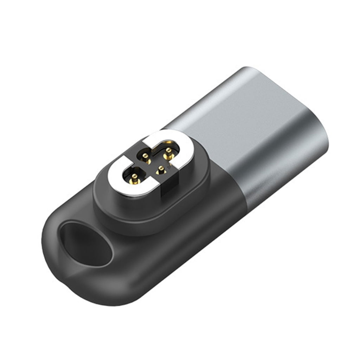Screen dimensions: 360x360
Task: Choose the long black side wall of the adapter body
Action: click(x=176, y=253)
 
